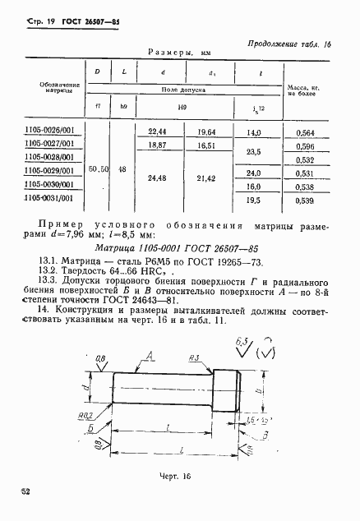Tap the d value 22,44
click(x=158, y=131)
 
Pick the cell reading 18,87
click(x=158, y=145)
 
